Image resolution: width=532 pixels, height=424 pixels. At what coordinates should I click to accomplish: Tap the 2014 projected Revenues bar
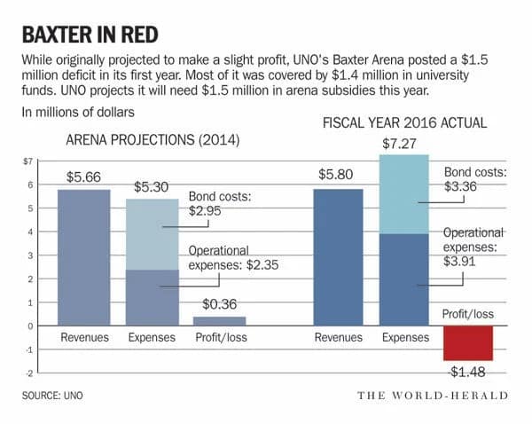tap(85, 257)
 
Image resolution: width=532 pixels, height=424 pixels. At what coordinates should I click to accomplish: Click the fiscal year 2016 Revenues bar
tap(338, 257)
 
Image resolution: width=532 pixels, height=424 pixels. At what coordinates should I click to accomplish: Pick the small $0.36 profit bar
tap(219, 321)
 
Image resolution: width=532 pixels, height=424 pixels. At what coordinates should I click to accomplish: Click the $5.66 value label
tap(85, 177)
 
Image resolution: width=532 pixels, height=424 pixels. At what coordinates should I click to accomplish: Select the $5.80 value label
tap(338, 177)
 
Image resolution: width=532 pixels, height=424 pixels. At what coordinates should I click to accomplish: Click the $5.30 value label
tap(152, 187)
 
